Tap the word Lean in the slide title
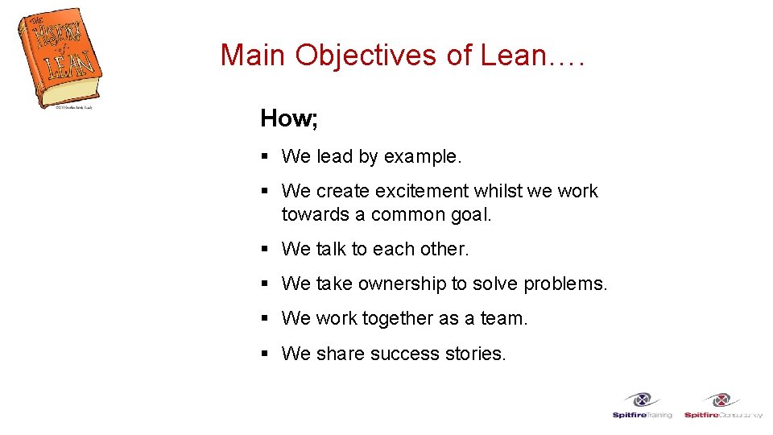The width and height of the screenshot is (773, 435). pyautogui.click(x=513, y=56)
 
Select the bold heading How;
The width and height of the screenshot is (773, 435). pyautogui.click(x=289, y=119)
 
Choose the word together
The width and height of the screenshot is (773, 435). pyautogui.click(x=397, y=319)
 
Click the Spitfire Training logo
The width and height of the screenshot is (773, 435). pyautogui.click(x=642, y=405)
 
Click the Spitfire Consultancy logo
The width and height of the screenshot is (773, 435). pyautogui.click(x=722, y=405)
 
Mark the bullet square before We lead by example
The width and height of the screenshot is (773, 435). pyautogui.click(x=265, y=157)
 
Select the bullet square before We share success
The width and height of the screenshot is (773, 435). pyautogui.click(x=265, y=354)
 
